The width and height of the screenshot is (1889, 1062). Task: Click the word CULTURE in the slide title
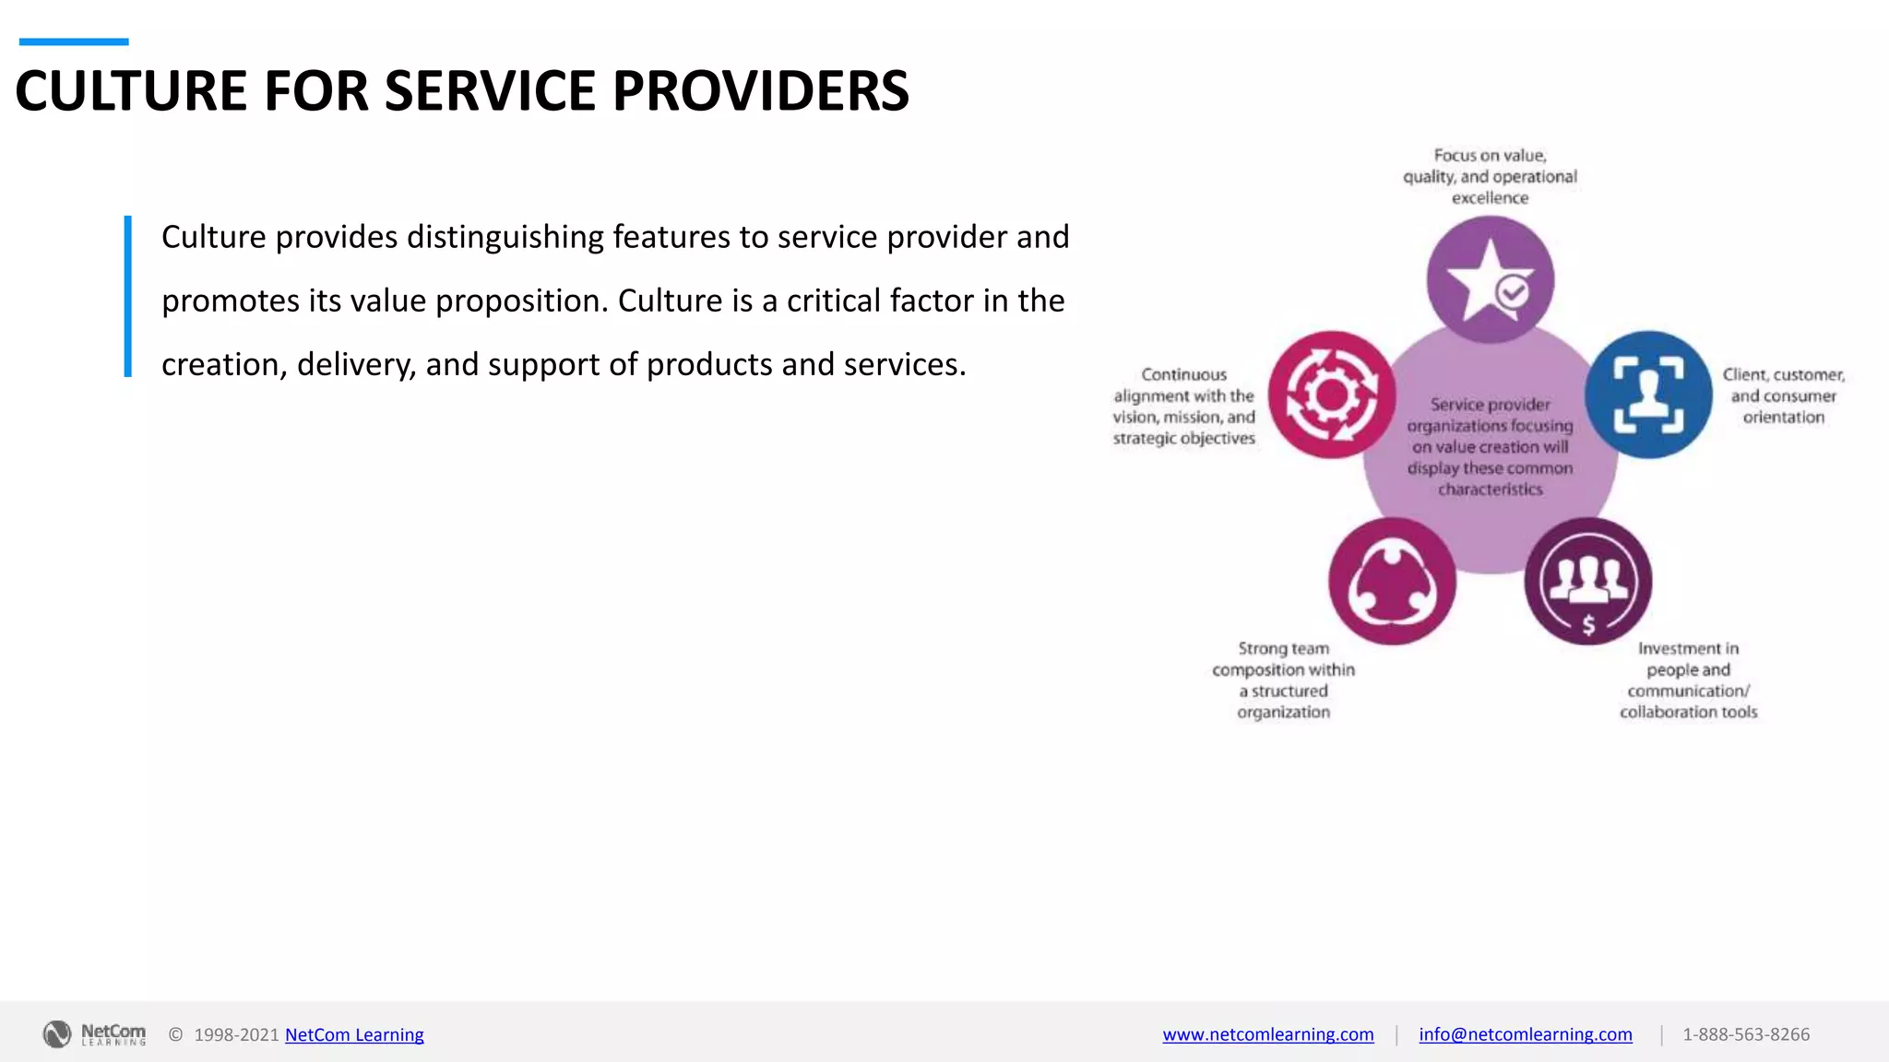pyautogui.click(x=131, y=91)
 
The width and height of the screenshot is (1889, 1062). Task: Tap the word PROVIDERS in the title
pyautogui.click(x=760, y=91)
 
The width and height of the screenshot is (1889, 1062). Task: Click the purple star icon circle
pyautogui.click(x=1490, y=279)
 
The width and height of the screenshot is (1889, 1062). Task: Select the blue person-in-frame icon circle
pyautogui.click(x=1648, y=395)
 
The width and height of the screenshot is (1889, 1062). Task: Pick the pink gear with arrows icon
pyautogui.click(x=1331, y=395)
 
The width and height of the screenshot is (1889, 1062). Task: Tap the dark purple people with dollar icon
pyautogui.click(x=1587, y=581)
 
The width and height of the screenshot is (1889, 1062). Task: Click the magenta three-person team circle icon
pyautogui.click(x=1392, y=581)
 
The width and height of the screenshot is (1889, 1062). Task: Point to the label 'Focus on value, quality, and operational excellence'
pyautogui.click(x=1490, y=176)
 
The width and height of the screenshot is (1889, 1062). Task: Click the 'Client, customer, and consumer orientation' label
pyautogui.click(x=1783, y=395)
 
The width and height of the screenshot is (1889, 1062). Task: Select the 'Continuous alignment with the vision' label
pyautogui.click(x=1183, y=407)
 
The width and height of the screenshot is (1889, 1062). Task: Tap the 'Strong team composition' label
pyautogui.click(x=1283, y=679)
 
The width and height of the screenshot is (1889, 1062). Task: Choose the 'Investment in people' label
pyautogui.click(x=1688, y=679)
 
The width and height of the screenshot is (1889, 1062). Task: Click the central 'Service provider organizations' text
pyautogui.click(x=1490, y=446)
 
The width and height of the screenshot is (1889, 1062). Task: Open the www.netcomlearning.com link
pyautogui.click(x=1267, y=1034)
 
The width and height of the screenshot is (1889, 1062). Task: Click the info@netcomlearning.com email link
pyautogui.click(x=1525, y=1034)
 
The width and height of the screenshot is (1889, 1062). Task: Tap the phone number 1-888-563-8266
pyautogui.click(x=1745, y=1034)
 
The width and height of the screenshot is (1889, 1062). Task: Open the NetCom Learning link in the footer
pyautogui.click(x=354, y=1034)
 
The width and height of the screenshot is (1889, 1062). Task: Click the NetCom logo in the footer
pyautogui.click(x=94, y=1034)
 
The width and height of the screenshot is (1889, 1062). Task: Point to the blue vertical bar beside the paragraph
pyautogui.click(x=128, y=296)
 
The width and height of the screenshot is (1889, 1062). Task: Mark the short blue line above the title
pyautogui.click(x=74, y=41)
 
